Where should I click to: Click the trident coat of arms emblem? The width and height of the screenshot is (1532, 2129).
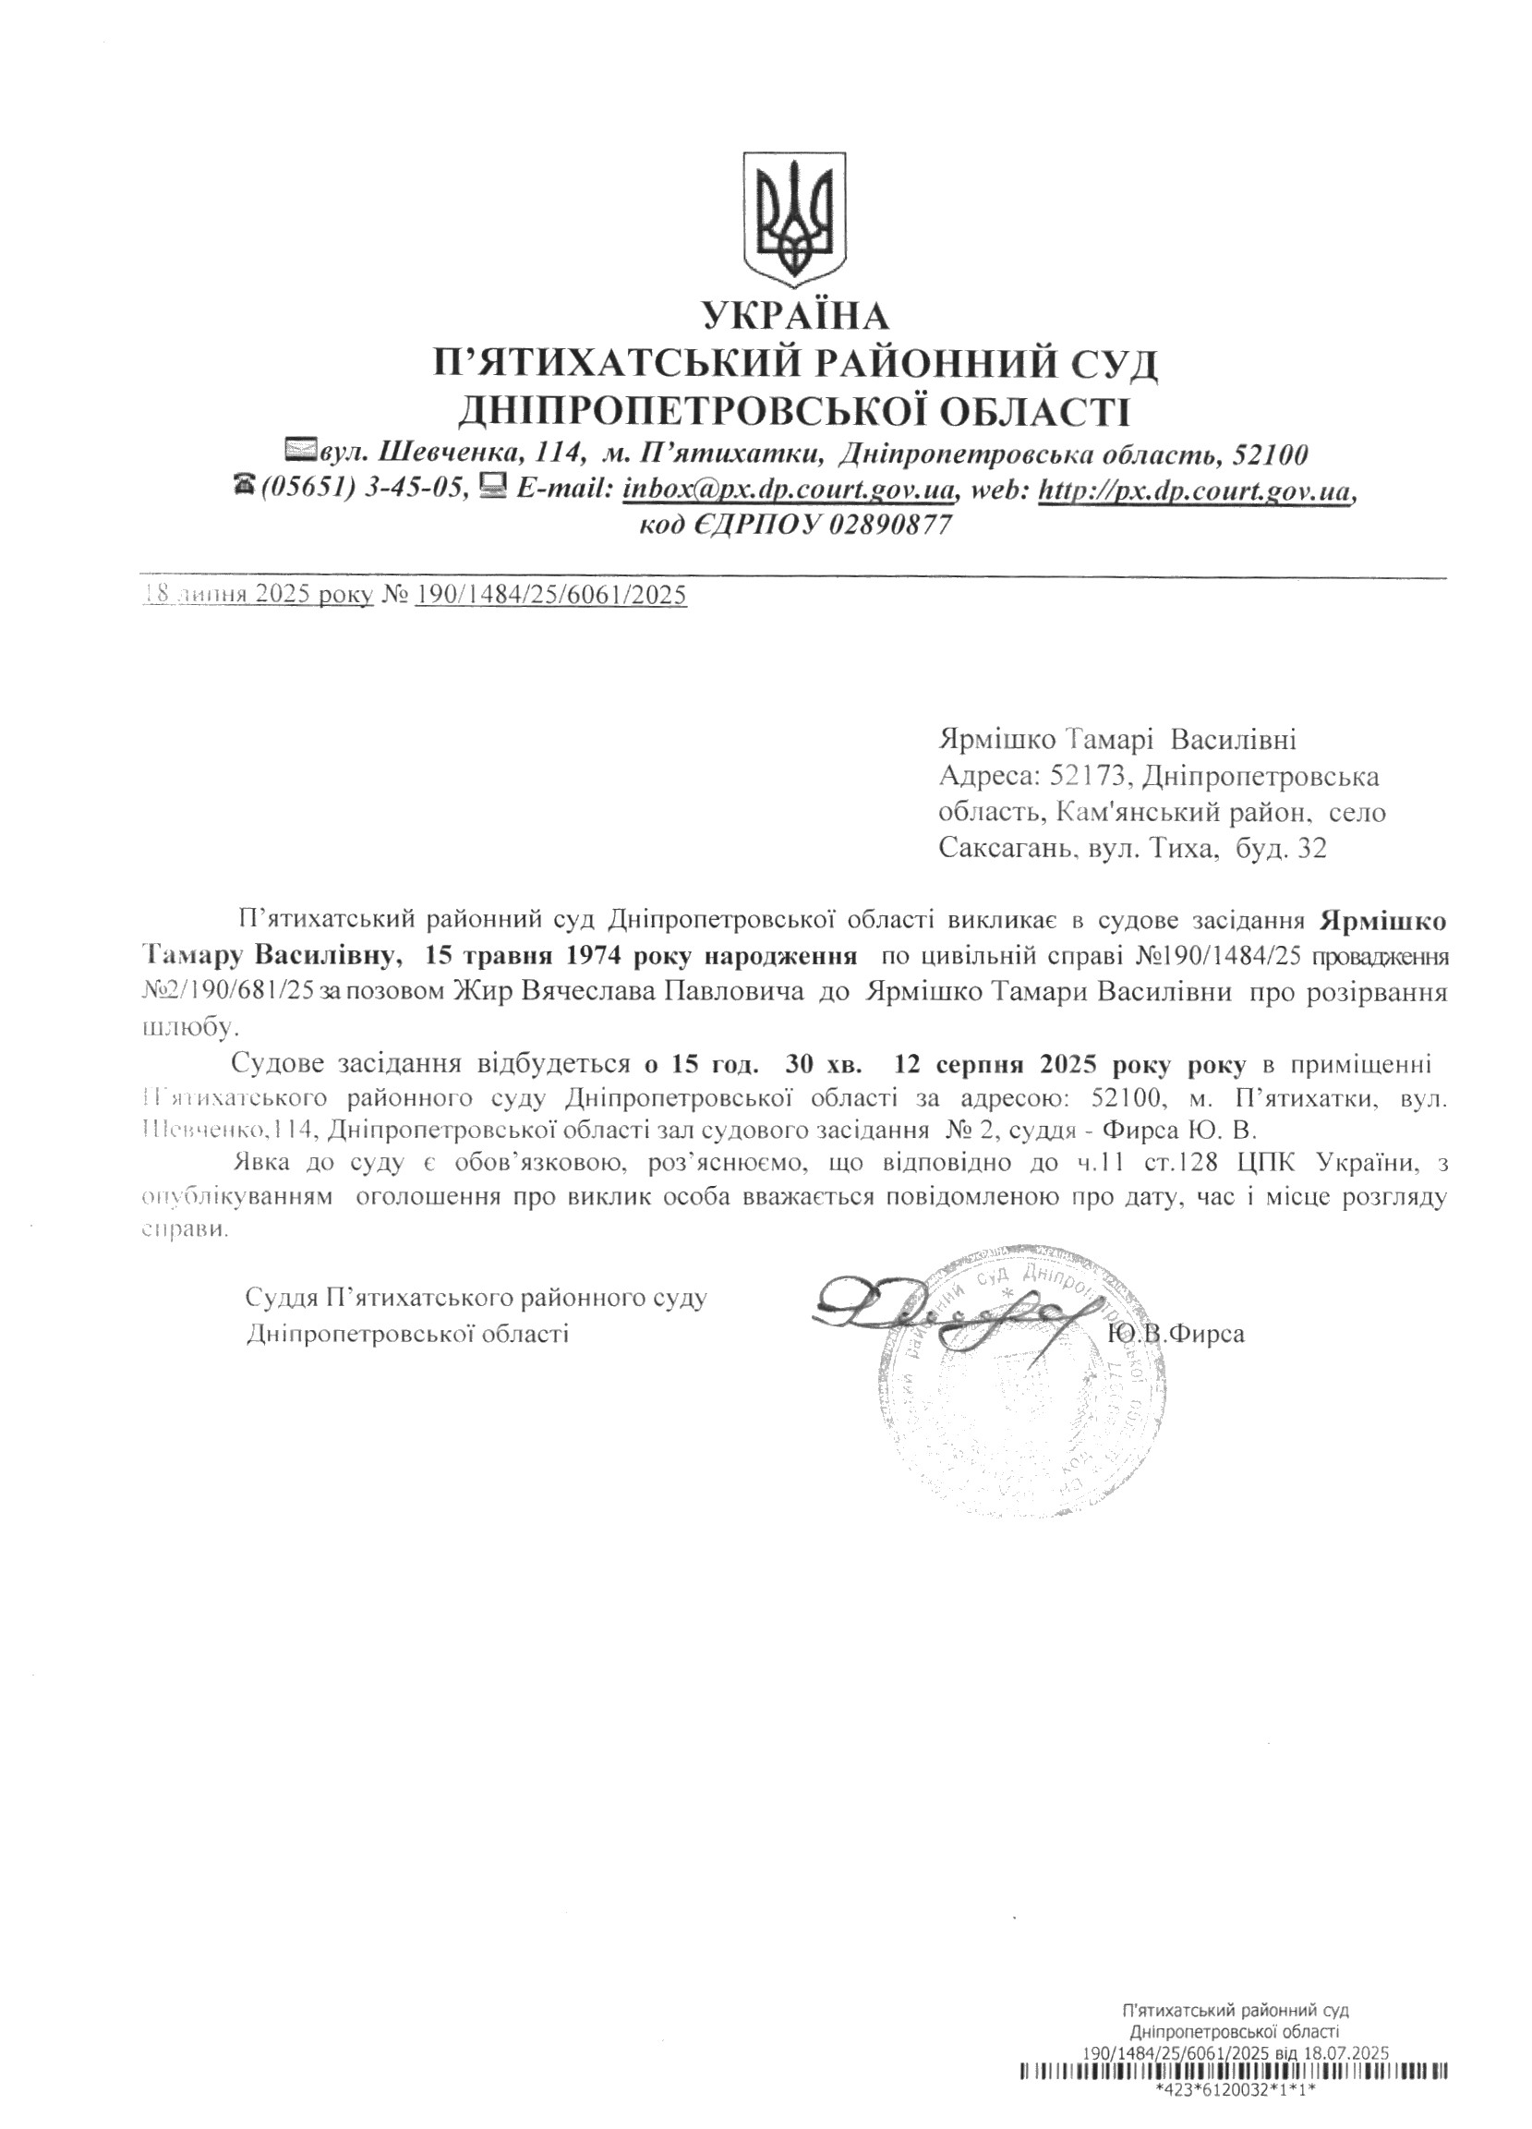point(795,218)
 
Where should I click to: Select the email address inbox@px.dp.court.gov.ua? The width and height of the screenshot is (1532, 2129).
point(790,489)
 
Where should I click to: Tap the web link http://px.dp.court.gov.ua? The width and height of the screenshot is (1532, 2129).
point(1194,489)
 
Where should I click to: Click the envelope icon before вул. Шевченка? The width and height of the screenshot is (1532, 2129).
point(301,452)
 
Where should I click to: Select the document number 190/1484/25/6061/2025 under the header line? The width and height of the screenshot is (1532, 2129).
point(551,594)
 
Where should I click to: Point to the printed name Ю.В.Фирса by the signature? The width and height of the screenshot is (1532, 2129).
point(1176,1334)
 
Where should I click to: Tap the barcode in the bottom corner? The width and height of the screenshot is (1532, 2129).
point(1235,2089)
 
